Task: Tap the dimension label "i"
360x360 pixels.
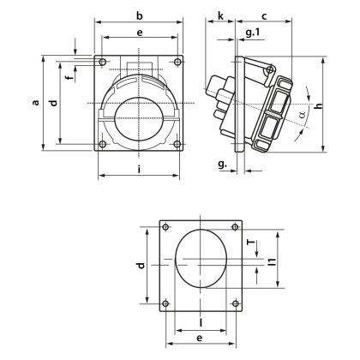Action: tap(139, 169)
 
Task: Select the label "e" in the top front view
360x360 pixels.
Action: tap(140, 32)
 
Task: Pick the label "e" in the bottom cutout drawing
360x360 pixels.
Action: tap(200, 315)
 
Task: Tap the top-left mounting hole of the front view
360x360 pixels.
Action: tap(103, 63)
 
